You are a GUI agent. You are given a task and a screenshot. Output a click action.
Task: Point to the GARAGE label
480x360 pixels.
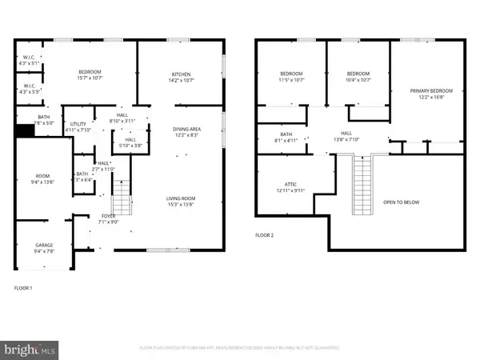[x=43, y=245]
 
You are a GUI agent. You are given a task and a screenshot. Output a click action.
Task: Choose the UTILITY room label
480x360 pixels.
[x=77, y=125]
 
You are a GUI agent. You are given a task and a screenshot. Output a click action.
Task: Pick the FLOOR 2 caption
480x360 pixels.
[x=265, y=236]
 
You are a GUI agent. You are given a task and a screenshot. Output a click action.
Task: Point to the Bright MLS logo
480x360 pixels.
[x=30, y=350]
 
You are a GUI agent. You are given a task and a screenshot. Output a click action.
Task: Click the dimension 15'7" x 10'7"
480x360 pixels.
[x=90, y=78]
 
